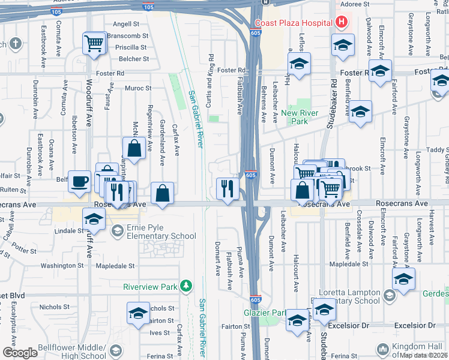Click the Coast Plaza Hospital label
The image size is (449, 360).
click(293, 23)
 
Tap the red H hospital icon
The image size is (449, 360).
click(342, 23)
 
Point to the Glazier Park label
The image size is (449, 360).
click(265, 313)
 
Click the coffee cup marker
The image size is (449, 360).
click(79, 181)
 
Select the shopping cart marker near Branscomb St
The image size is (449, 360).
click(93, 44)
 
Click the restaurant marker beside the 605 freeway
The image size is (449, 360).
click(226, 189)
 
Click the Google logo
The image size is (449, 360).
click(20, 352)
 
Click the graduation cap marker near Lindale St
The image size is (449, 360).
click(93, 220)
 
